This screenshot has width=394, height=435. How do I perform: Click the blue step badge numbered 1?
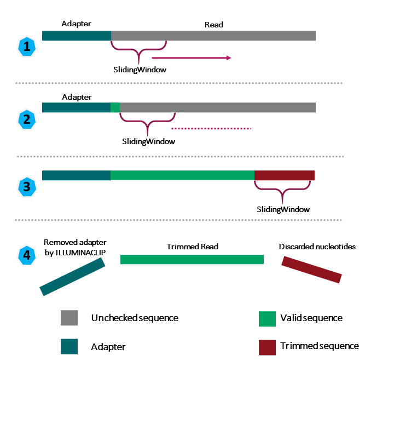coord(26,47)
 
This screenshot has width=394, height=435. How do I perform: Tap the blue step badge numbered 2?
coord(26,119)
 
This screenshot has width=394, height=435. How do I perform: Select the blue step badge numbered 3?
coord(26,187)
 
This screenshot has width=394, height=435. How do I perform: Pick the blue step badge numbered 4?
coord(26,255)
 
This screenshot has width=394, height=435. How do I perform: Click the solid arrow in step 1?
coord(191,58)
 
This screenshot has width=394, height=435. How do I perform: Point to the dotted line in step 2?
coord(211,129)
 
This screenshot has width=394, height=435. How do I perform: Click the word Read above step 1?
coord(213,25)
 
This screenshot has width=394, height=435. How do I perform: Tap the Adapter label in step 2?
coord(77,97)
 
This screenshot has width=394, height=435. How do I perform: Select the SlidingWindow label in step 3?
coord(283,209)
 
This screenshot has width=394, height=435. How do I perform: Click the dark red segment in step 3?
coord(285,175)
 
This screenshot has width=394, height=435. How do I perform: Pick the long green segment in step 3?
coord(182,175)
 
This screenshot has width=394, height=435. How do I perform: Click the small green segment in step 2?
coord(115,107)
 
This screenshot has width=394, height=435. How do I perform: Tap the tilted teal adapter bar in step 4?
coord(72,277)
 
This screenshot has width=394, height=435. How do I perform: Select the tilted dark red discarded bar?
coord(311,270)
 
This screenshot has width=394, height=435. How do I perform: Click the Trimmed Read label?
coord(192,247)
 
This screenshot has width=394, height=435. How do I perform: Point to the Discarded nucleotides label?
coord(317,247)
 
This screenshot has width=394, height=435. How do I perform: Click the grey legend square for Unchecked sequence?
coord(69,318)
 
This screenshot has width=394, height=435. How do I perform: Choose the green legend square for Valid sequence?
coord(267,318)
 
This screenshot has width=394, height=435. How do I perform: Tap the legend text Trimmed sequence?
coord(320,346)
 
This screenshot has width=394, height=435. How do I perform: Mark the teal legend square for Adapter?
coord(69,347)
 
